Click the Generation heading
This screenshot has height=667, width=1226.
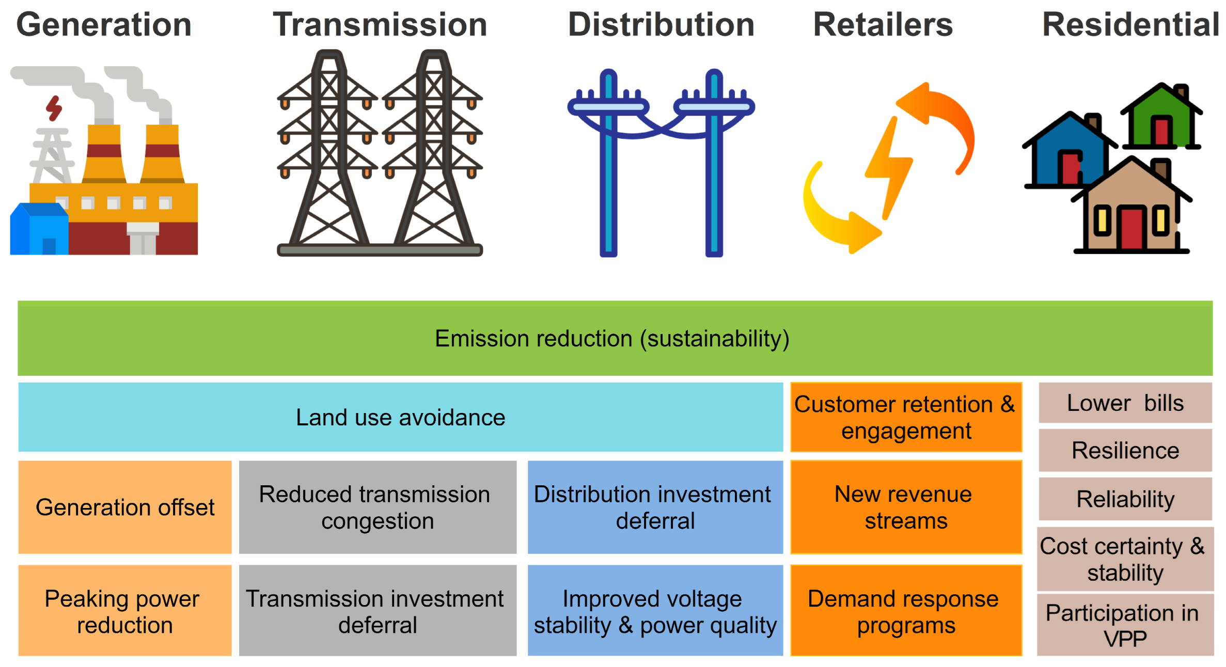[x=104, y=25]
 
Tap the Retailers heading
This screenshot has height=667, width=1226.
[x=883, y=25]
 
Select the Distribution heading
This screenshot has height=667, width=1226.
[x=661, y=25]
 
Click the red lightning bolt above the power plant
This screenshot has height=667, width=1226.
[x=54, y=108]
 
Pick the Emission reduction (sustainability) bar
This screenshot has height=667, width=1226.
[x=615, y=339]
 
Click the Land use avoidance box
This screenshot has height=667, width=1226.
[x=400, y=417]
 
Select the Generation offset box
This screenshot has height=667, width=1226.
[x=125, y=507]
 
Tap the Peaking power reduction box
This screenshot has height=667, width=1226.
[x=125, y=611]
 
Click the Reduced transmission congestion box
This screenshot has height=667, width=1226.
[x=378, y=507]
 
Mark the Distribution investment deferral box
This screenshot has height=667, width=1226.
[x=655, y=507]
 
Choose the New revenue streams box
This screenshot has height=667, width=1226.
[x=906, y=507]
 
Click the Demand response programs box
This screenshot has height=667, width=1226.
[x=906, y=611]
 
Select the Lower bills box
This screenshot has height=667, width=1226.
[x=1125, y=403]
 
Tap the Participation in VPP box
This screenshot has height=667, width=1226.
[x=1125, y=625]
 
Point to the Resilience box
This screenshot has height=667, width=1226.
[x=1125, y=451]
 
